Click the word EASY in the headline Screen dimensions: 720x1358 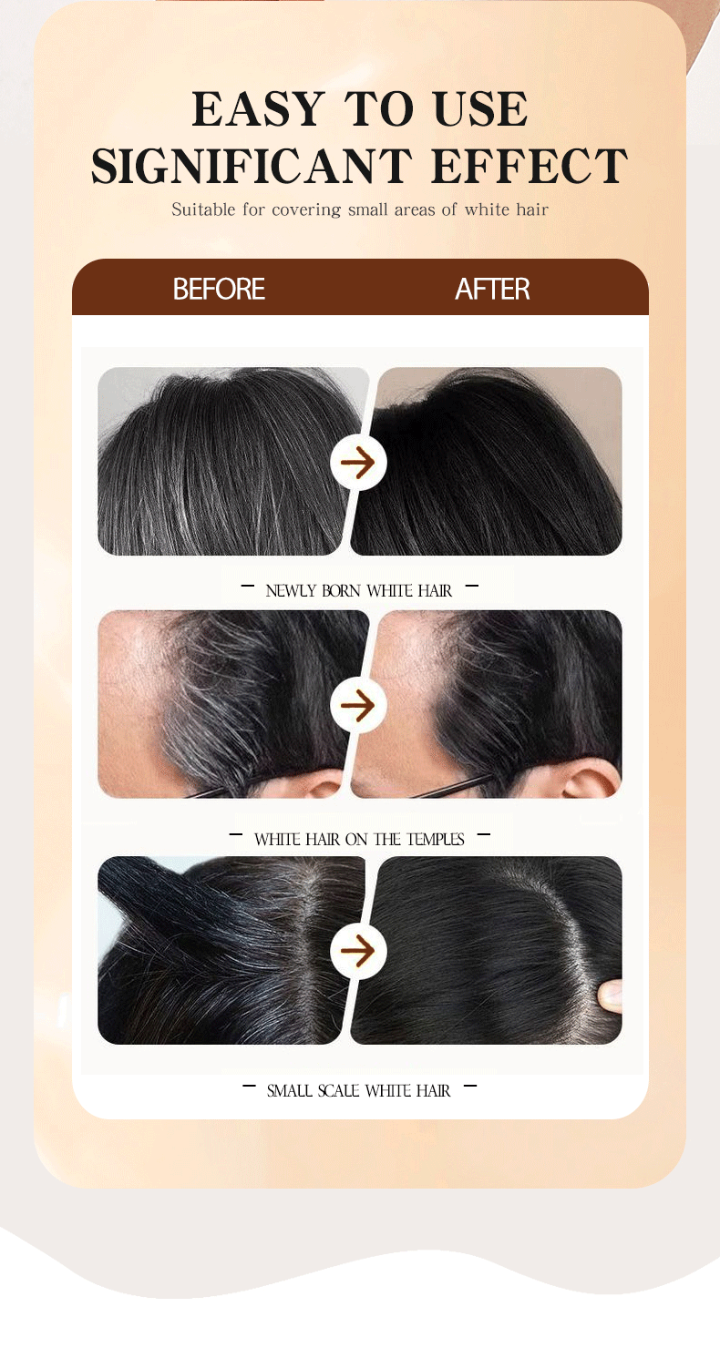tap(259, 109)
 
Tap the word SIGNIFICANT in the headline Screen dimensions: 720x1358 tap(252, 166)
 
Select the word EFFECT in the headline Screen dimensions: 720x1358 tap(530, 166)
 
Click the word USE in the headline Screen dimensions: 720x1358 tap(481, 109)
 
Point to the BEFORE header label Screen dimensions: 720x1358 tap(219, 290)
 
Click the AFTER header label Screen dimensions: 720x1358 tap(492, 290)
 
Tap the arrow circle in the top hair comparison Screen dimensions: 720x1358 tap(358, 462)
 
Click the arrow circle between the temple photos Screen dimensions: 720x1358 tap(358, 704)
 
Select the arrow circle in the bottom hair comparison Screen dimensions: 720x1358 tap(358, 950)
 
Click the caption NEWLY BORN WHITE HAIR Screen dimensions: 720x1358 tap(359, 590)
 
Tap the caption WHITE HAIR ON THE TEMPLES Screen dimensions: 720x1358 tap(359, 839)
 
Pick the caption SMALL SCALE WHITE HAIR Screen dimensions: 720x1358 tap(359, 1090)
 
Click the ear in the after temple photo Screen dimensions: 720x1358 tap(589, 780)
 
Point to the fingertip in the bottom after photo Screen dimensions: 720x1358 tap(610, 996)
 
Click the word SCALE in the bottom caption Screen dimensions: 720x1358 tap(339, 1090)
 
